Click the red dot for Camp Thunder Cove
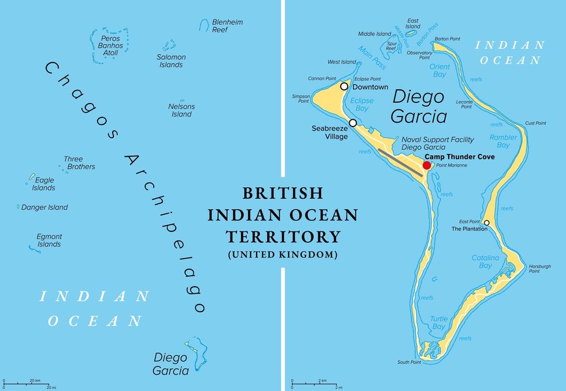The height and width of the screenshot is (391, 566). click(427, 166)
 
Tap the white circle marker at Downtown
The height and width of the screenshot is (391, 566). click(344, 86)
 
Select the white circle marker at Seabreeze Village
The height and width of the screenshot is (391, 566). click(352, 123)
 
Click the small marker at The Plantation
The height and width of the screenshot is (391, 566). click(486, 223)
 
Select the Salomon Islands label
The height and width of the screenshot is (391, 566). click(171, 61)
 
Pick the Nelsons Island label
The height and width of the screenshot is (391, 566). click(181, 110)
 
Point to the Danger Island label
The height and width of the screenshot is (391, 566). click(44, 208)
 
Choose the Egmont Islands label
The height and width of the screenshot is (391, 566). click(49, 240)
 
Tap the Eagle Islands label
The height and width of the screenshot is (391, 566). click(44, 184)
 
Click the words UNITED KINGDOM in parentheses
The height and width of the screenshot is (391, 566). click(282, 254)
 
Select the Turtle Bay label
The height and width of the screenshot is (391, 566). click(438, 322)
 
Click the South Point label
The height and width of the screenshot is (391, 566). click(409, 362)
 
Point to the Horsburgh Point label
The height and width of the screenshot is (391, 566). click(539, 268)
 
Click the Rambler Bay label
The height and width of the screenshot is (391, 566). click(503, 141)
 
